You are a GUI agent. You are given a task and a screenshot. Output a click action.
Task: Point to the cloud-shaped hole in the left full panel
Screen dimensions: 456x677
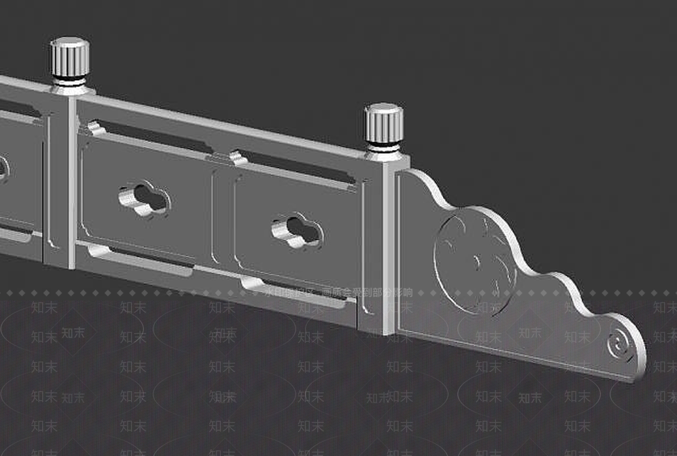click(x=144, y=199)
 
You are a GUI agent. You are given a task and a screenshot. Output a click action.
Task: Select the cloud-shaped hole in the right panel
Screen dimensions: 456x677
click(x=297, y=231)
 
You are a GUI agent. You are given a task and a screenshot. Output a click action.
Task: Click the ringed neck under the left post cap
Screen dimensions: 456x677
click(x=69, y=81)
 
